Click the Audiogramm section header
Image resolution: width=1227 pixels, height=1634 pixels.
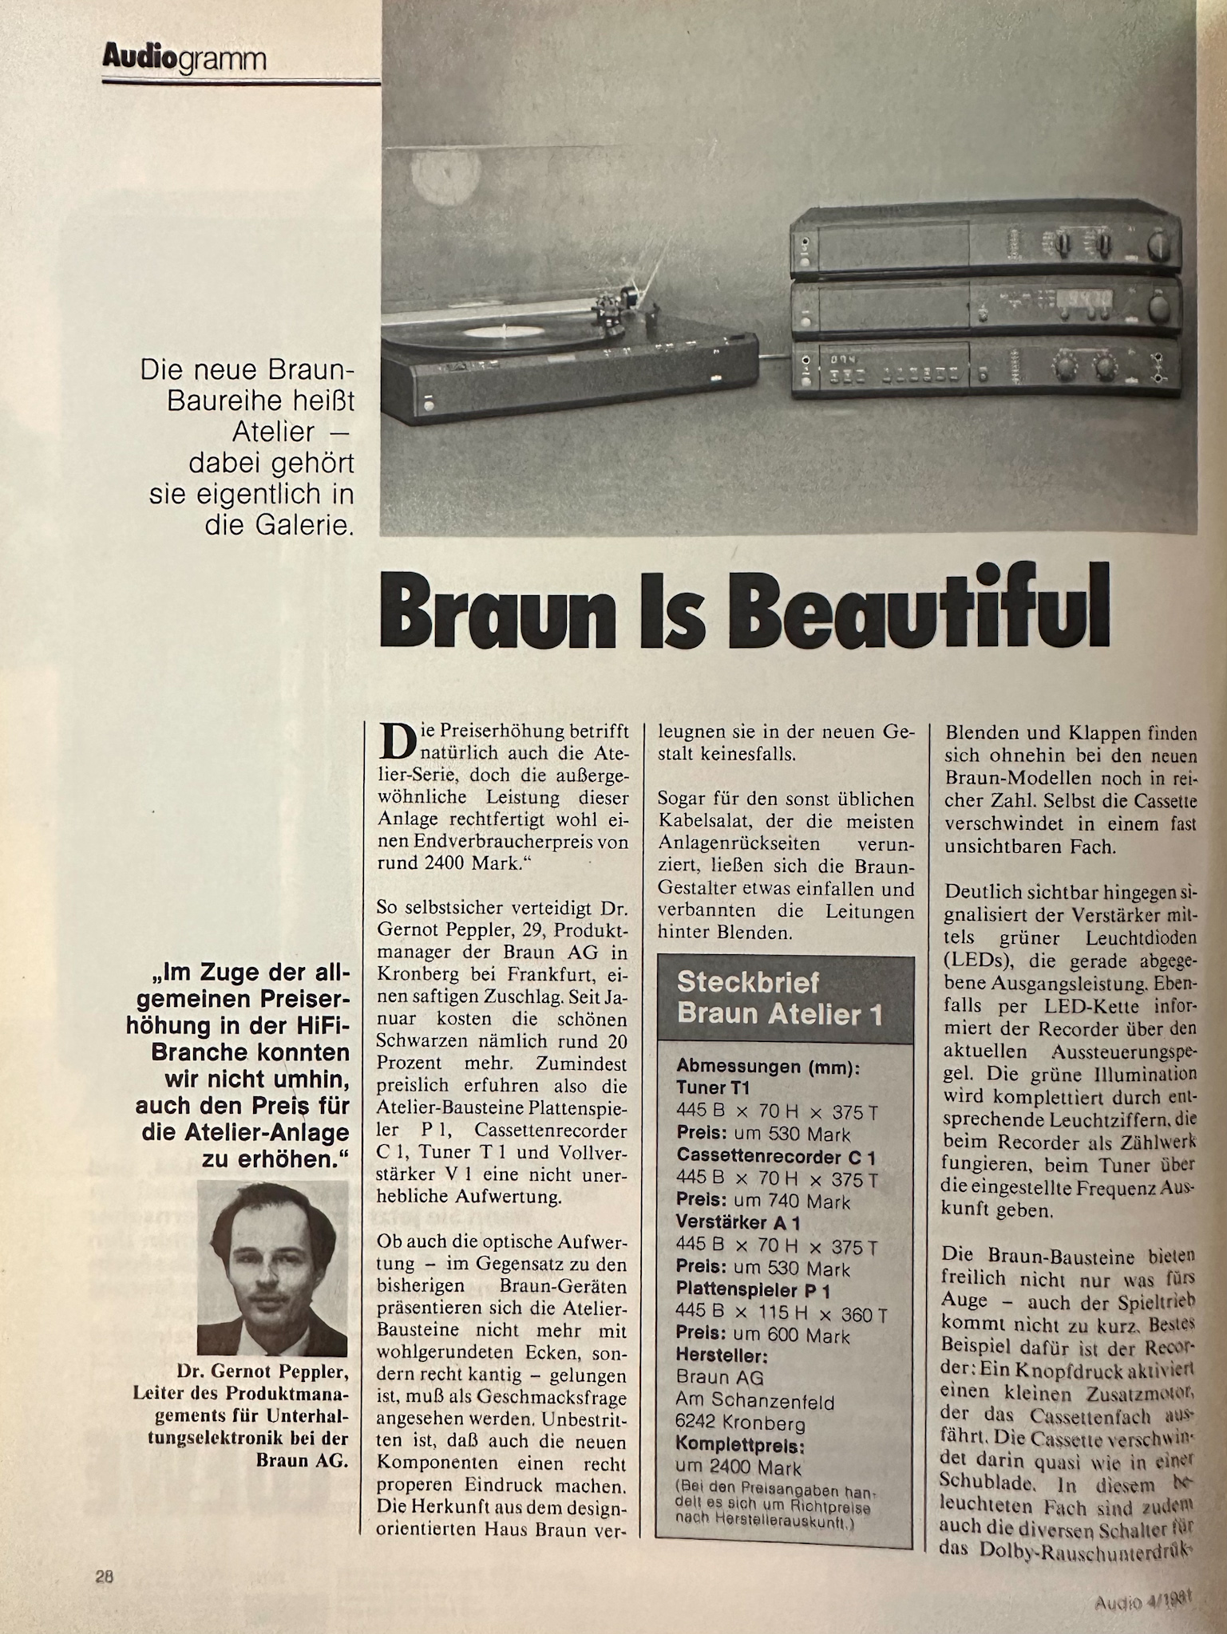click(184, 57)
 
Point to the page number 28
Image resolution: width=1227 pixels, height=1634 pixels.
click(105, 1576)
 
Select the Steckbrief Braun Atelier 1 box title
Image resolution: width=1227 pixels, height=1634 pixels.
click(779, 998)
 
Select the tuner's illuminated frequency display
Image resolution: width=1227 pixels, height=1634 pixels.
click(1086, 302)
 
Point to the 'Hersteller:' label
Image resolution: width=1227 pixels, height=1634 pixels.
click(722, 1356)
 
